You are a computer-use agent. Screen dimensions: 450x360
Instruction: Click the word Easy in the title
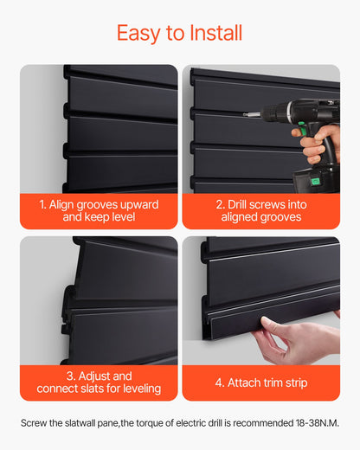[x=139, y=33]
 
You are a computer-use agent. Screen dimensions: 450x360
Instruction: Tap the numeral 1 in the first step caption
[x=42, y=204]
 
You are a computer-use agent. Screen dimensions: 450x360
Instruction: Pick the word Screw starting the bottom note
[x=33, y=423]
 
